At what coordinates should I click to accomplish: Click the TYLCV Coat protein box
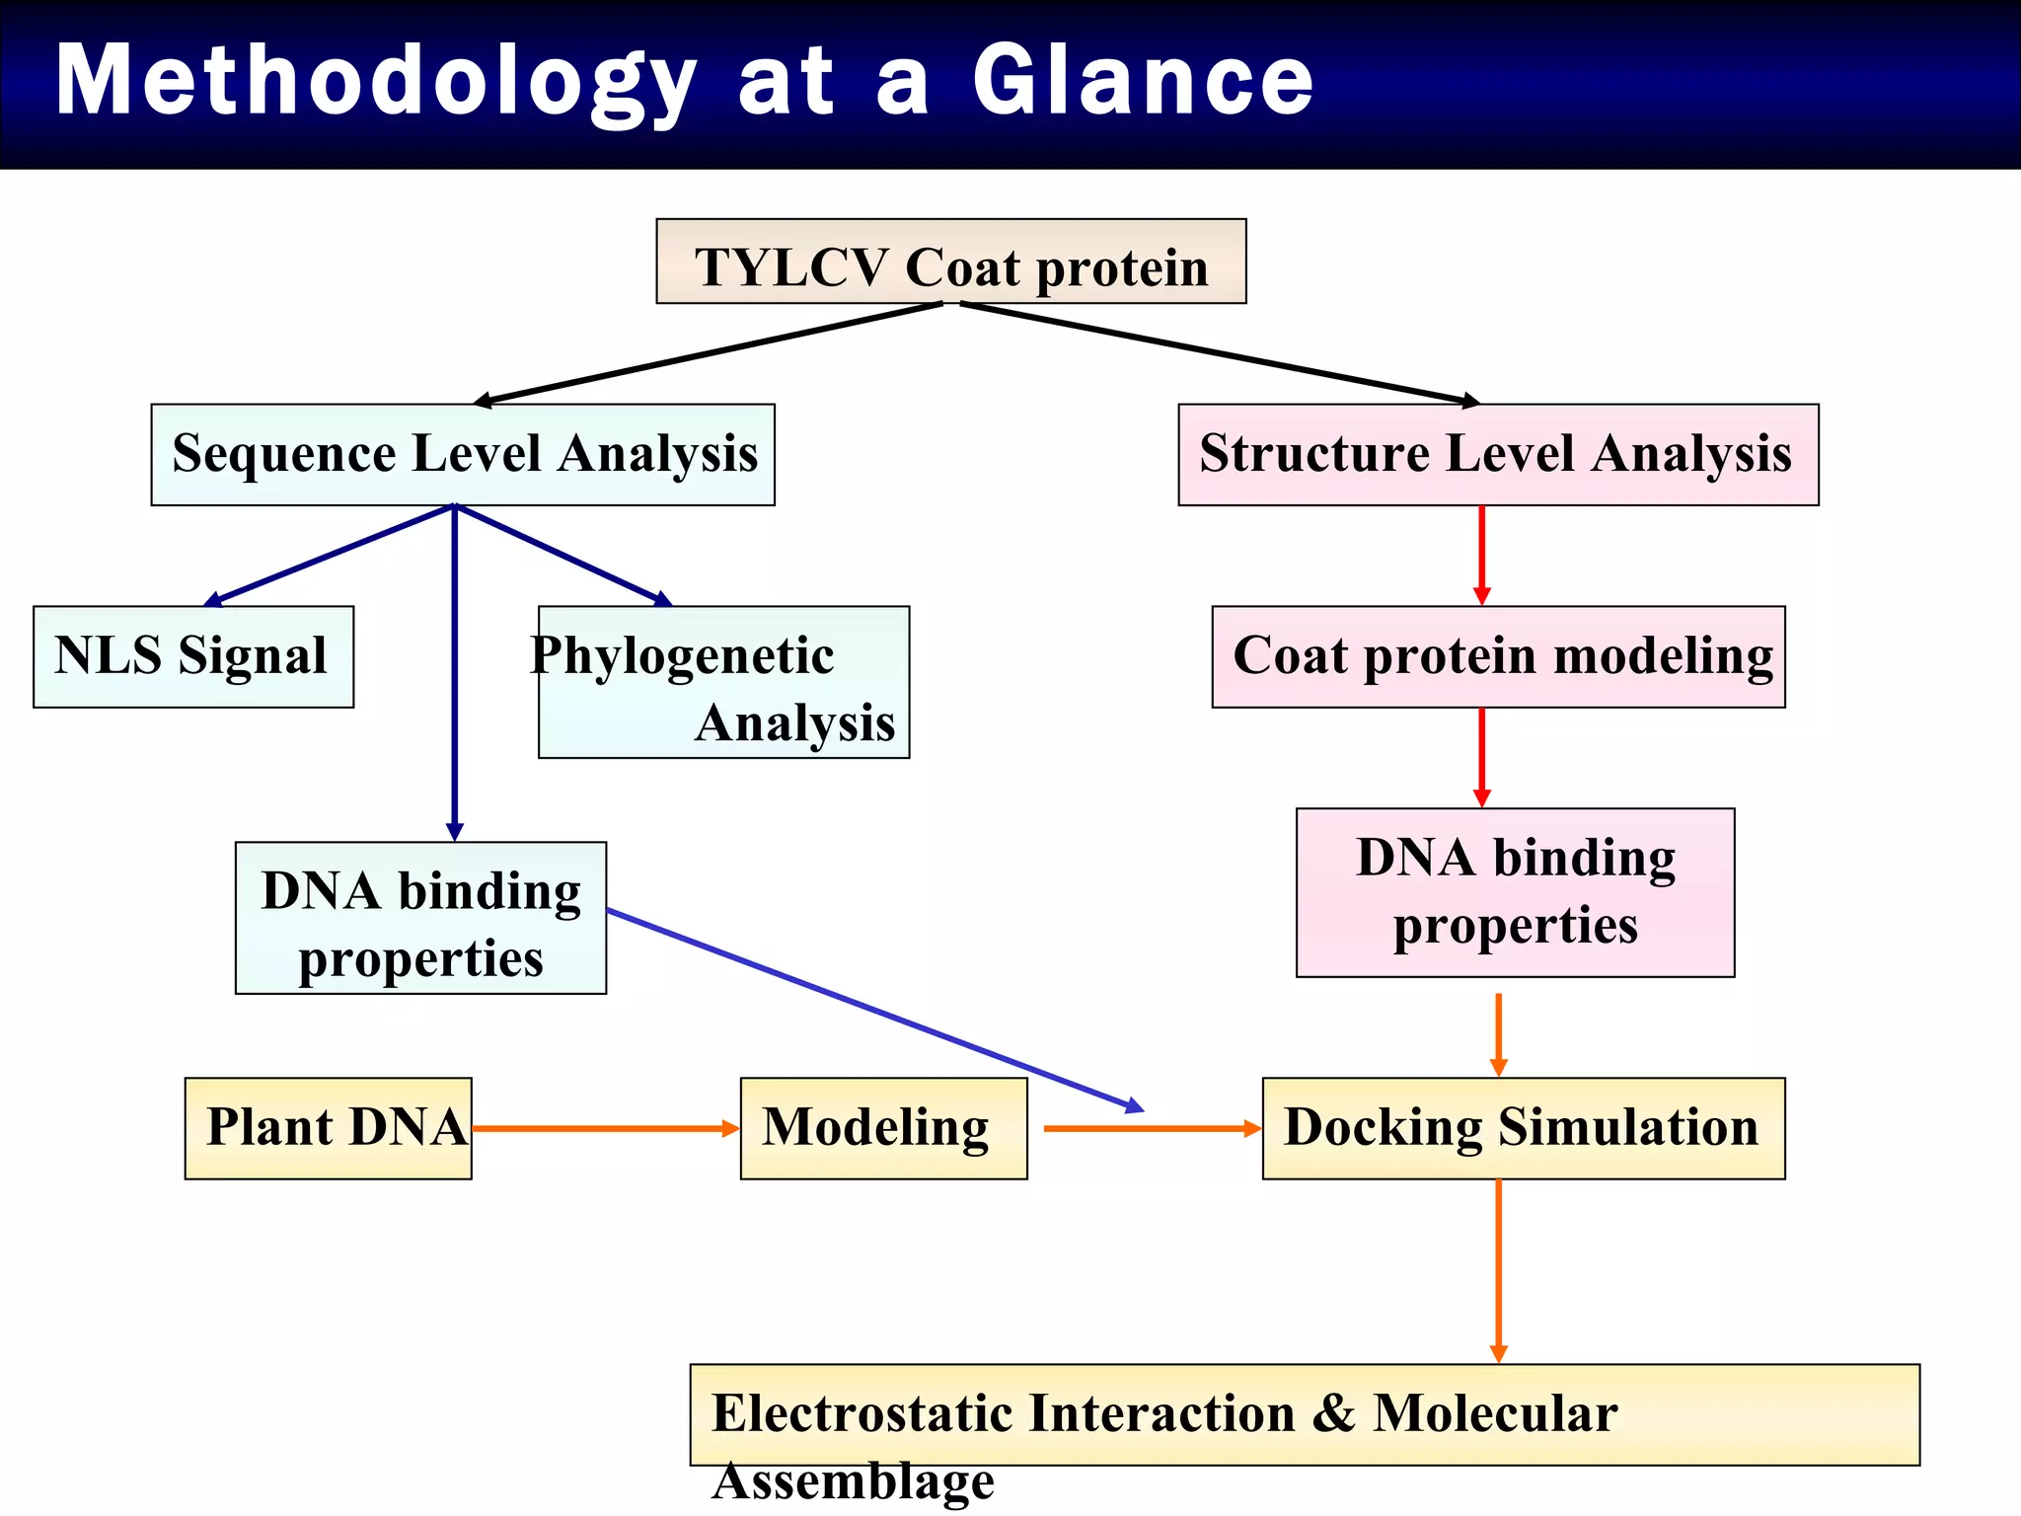[950, 263]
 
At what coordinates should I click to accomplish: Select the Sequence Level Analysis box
[463, 455]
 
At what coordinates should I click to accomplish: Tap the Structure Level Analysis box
[1497, 455]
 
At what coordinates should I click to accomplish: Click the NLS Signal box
[193, 656]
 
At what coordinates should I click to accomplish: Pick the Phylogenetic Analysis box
[723, 683]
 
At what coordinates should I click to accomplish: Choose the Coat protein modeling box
[1498, 656]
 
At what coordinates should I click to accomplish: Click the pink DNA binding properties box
[1515, 892]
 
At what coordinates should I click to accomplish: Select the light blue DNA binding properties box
[420, 918]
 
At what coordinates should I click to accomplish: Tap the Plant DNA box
[329, 1128]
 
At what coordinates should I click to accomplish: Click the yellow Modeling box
[883, 1128]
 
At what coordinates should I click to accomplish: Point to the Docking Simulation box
[1523, 1128]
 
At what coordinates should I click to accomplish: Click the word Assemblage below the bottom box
[854, 1480]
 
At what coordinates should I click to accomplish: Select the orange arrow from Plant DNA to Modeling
[604, 1128]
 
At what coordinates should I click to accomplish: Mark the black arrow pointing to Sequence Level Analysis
[711, 352]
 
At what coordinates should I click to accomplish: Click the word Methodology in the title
[375, 83]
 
